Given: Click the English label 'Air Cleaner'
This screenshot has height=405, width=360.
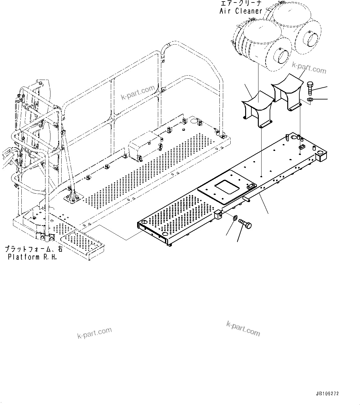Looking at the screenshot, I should [x=241, y=11].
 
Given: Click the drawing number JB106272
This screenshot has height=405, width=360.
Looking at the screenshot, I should [x=327, y=394].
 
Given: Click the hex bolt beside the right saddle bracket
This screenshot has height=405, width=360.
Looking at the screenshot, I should [x=310, y=88].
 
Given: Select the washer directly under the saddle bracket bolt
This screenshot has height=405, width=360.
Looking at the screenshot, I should [x=310, y=99].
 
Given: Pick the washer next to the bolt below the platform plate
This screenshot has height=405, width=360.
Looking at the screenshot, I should [x=235, y=218].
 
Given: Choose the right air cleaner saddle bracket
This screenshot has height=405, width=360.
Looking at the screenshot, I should [x=287, y=92].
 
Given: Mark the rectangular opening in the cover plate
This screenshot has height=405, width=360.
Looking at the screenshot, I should [x=227, y=188].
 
